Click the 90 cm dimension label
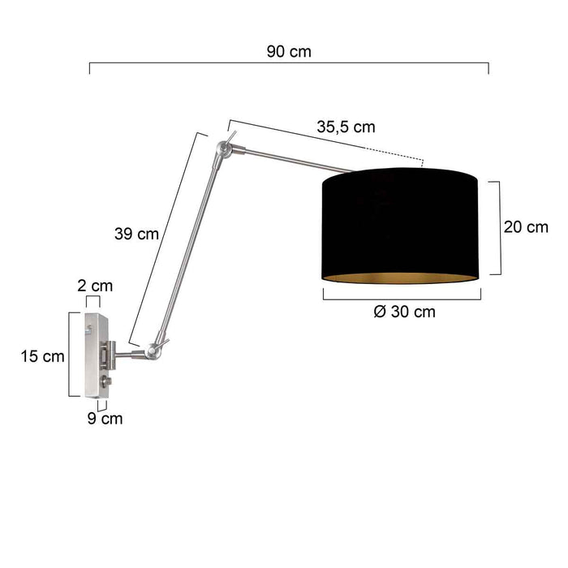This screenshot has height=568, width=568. (x=288, y=51)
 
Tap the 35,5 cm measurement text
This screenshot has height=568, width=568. (x=346, y=127)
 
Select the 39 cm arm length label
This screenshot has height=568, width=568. (x=136, y=234)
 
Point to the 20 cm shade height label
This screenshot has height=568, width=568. (x=526, y=227)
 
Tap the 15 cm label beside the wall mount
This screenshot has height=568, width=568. (x=42, y=355)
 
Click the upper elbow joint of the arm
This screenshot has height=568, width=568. (x=225, y=148)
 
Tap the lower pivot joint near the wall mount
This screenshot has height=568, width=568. (x=154, y=350)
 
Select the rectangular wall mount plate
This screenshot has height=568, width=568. (x=96, y=355)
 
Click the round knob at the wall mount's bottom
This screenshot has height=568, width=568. (x=105, y=382)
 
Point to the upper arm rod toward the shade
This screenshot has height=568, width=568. (x=292, y=161)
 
